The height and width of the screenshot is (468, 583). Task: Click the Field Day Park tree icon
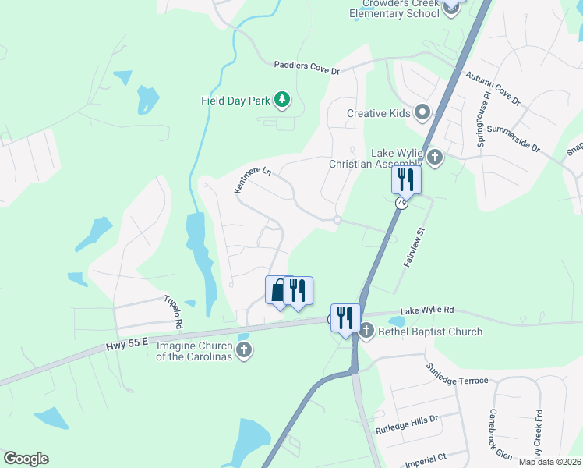(282, 100)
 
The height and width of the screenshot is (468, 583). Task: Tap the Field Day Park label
(235, 101)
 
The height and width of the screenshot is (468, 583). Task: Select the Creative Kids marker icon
(423, 113)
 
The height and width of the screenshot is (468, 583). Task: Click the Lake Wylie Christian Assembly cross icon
(435, 158)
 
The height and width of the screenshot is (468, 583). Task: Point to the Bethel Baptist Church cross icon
(367, 331)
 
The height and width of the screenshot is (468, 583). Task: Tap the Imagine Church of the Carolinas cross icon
(244, 349)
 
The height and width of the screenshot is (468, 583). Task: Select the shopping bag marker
(278, 291)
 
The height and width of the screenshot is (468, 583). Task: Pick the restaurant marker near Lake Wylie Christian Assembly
(406, 180)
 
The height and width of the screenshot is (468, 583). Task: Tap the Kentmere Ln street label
(253, 179)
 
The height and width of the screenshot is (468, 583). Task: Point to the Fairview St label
(413, 246)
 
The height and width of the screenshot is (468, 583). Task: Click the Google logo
(26, 459)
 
